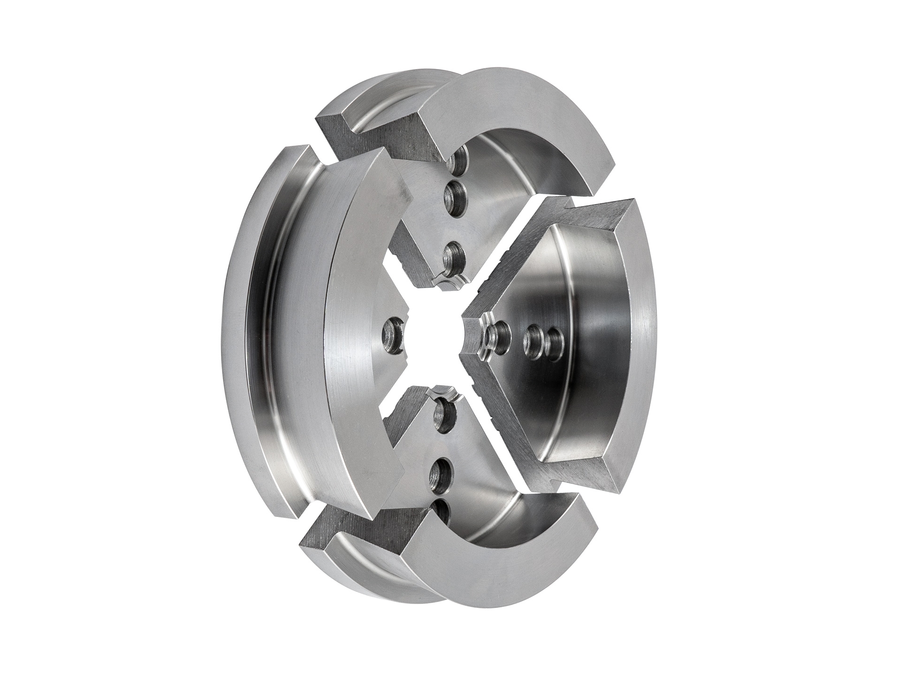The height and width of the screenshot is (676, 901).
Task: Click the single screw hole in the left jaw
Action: click(392, 334)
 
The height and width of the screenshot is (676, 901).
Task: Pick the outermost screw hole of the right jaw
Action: click(554, 339)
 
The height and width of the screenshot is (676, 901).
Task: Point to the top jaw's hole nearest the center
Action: click(453, 257)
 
